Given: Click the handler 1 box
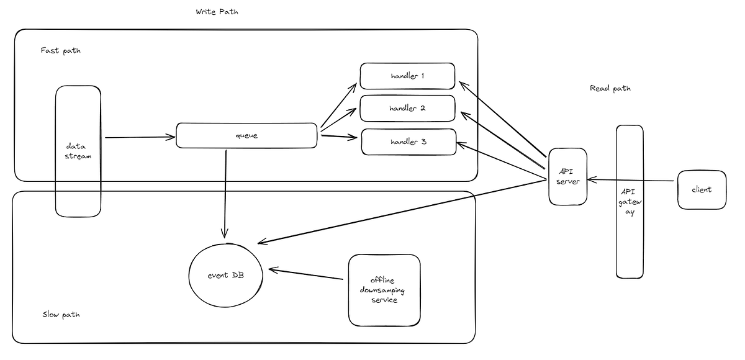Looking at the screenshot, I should [407, 76].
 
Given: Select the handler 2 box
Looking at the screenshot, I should [407, 108].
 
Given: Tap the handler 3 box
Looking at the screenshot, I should [409, 142].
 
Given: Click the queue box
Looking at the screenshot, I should [246, 135].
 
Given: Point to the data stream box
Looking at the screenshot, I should [78, 151].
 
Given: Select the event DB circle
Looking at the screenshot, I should [225, 274].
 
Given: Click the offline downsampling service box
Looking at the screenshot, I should [384, 290].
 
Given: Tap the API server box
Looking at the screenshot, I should [567, 176].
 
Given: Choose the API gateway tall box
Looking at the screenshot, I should [629, 201].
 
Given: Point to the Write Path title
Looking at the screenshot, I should [217, 12].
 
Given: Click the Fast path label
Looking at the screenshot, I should [60, 50].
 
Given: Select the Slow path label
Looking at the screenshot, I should [60, 315].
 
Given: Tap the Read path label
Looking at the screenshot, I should [610, 88].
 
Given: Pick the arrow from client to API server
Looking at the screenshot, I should [630, 181].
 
